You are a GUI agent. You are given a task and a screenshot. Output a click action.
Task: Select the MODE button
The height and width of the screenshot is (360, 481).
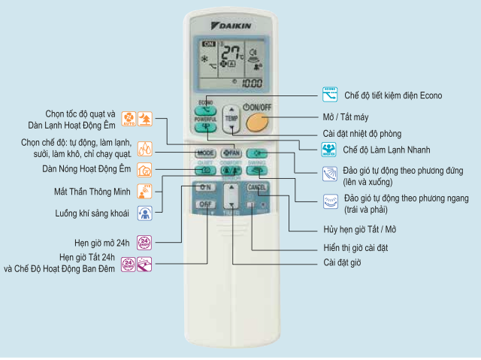(x=205, y=153)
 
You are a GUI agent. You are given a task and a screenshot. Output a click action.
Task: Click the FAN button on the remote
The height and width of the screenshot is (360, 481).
(x=231, y=153)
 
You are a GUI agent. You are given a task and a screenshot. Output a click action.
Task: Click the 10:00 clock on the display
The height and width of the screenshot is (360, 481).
(x=251, y=83)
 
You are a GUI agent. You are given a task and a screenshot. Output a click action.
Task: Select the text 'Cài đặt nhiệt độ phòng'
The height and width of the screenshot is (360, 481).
(x=363, y=134)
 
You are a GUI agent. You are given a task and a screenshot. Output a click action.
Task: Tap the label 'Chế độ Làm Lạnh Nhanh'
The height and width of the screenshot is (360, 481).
(x=390, y=150)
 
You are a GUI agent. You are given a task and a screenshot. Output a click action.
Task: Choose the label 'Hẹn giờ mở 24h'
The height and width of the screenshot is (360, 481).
(x=96, y=242)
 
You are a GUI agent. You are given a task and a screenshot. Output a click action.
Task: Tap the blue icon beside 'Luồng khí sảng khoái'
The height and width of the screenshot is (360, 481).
(x=144, y=213)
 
